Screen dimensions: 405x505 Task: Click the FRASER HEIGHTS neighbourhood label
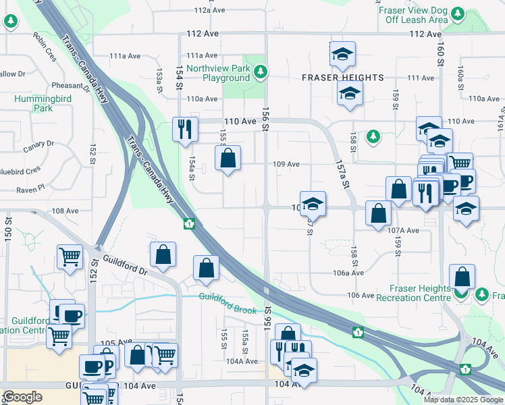pyautogui.click(x=342, y=78)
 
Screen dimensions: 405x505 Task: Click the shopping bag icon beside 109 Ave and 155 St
pyautogui.click(x=228, y=159)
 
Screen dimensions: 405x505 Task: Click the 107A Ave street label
pyautogui.click(x=404, y=230)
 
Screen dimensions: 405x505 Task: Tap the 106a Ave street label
pyautogui.click(x=348, y=273)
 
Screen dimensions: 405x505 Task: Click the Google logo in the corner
pyautogui.click(x=22, y=397)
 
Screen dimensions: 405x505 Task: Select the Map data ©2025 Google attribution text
pyautogui.click(x=463, y=400)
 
